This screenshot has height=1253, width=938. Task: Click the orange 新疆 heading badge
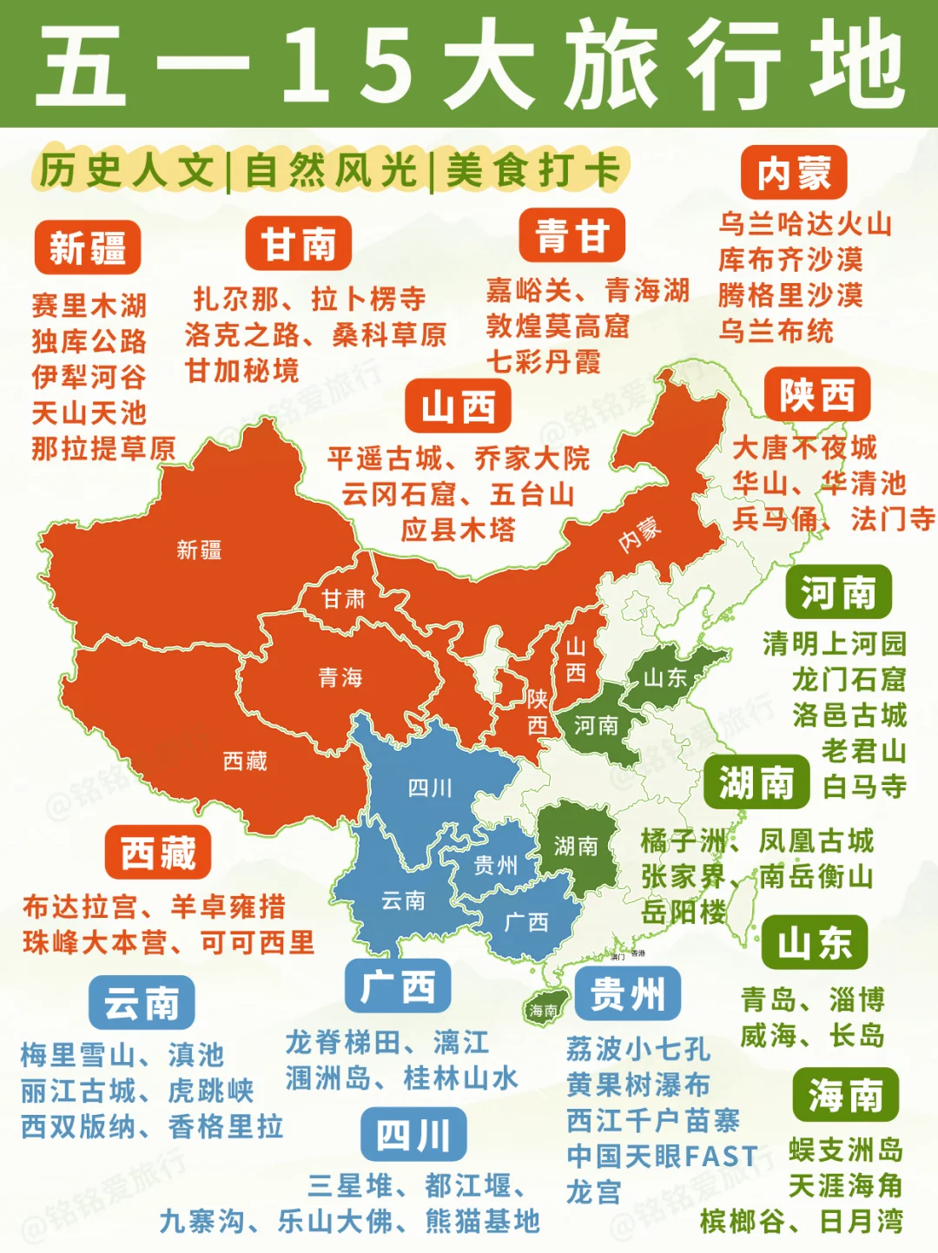click(x=88, y=247)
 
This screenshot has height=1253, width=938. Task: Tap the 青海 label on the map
click(x=340, y=677)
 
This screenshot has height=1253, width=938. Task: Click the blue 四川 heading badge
click(x=413, y=1134)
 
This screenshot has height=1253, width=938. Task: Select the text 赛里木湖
click(x=89, y=306)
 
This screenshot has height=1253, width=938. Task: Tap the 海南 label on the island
click(x=545, y=1010)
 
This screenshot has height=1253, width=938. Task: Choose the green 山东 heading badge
click(x=814, y=942)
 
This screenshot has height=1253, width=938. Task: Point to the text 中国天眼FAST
click(x=662, y=1156)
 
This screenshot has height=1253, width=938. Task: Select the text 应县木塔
click(x=458, y=530)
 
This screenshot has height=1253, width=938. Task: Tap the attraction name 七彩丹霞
click(x=544, y=361)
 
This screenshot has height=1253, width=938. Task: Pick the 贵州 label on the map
click(x=496, y=865)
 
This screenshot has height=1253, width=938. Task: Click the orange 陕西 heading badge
click(x=817, y=395)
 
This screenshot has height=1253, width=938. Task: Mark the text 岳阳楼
click(x=684, y=912)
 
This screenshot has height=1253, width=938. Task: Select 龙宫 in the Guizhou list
click(x=594, y=1192)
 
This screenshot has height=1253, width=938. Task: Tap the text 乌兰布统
click(x=776, y=331)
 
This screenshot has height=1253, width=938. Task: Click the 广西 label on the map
click(x=526, y=922)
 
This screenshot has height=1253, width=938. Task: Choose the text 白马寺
click(x=864, y=787)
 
